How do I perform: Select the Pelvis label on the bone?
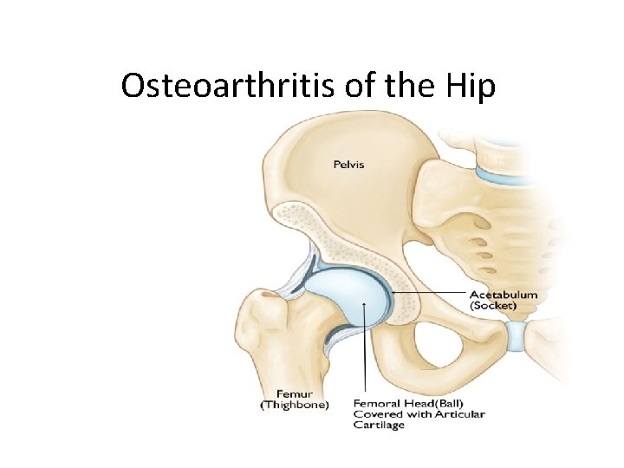350,163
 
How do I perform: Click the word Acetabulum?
503,295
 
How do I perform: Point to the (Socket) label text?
492,306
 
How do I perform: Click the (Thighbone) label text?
295,405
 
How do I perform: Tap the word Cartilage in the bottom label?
379,425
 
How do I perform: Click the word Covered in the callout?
378,414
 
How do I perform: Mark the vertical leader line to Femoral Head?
369,355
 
